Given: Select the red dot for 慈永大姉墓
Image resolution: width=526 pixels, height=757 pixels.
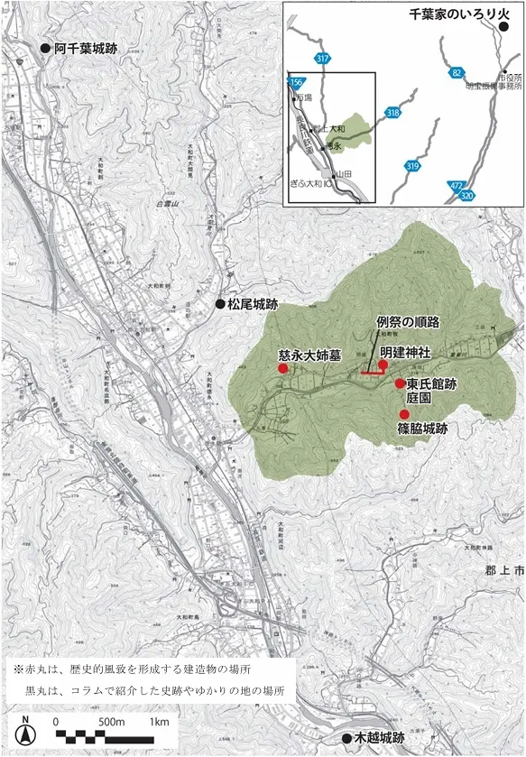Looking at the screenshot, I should point(281,369).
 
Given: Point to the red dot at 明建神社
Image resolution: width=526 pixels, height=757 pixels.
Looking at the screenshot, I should point(383,365).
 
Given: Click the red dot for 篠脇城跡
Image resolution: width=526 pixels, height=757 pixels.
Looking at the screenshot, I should point(404,414).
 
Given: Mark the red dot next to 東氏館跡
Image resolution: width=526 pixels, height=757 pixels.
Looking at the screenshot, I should point(400,383).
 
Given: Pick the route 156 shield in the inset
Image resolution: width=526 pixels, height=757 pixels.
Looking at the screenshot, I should point(295,81).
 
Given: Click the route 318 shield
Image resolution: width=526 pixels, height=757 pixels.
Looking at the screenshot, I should point(392,114).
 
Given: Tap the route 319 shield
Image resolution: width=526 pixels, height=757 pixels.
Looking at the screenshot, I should point(412,166).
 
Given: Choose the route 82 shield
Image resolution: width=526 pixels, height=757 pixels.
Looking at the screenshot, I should point(458,72).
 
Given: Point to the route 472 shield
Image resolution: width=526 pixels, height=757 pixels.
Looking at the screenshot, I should point(456,186).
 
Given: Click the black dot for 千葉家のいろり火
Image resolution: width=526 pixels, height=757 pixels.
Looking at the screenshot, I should point(503,27).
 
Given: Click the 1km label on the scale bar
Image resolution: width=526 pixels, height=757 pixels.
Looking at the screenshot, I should point(159,722).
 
